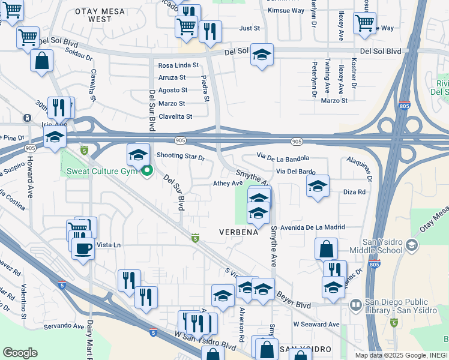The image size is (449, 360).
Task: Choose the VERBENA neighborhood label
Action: (x=238, y=232)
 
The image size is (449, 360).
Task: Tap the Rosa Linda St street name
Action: (x=178, y=65)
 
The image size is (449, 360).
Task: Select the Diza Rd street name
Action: (x=354, y=192)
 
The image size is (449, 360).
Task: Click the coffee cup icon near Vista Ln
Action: (x=83, y=247)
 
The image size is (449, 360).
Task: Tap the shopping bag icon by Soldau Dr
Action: (x=41, y=60)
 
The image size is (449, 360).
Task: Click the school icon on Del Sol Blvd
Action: (x=262, y=55)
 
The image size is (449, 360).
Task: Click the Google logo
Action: (x=20, y=353)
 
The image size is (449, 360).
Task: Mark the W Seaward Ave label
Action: (x=316, y=325)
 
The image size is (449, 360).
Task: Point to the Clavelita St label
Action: (x=175, y=116)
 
